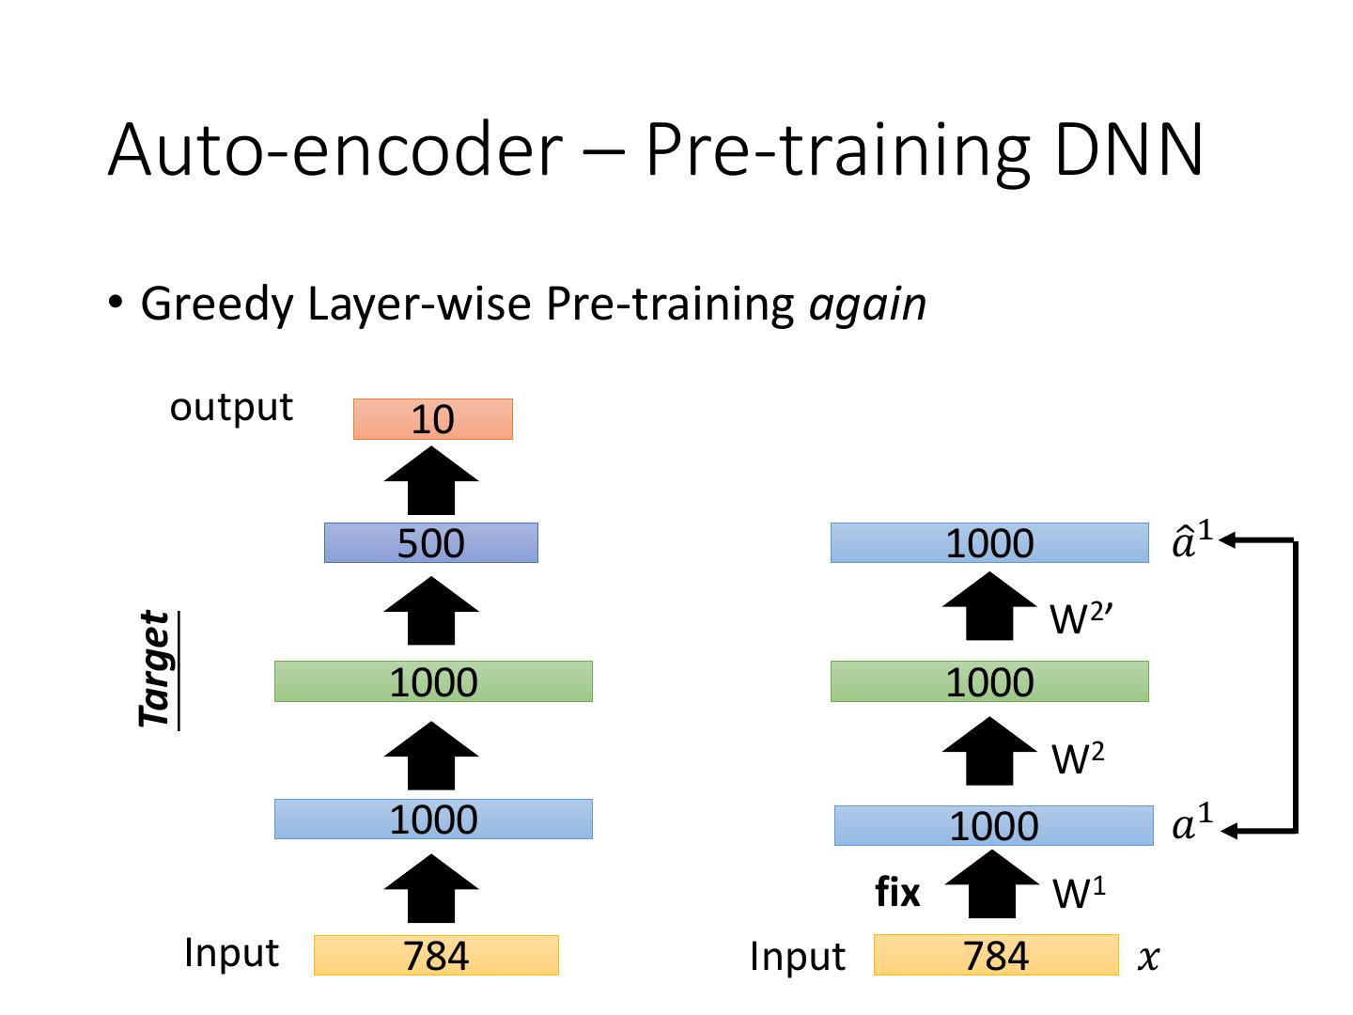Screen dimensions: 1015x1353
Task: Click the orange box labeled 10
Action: [x=432, y=419]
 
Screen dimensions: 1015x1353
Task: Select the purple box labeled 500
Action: [x=430, y=543]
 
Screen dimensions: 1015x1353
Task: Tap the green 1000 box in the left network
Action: [x=433, y=681]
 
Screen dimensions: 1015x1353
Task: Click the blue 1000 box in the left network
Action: [x=433, y=819]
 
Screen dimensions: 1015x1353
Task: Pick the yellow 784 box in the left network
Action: [x=436, y=956]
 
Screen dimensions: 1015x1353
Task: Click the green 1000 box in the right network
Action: [x=989, y=681]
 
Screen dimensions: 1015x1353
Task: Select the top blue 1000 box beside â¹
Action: [x=989, y=543]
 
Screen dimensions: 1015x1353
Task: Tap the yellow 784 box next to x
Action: [x=996, y=956]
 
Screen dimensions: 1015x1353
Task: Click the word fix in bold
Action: [x=897, y=892]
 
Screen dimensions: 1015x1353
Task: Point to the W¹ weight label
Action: [x=1079, y=894]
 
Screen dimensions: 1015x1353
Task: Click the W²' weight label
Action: [x=1081, y=618]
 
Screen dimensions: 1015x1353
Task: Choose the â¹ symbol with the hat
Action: [x=1192, y=541]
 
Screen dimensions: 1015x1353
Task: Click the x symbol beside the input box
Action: [x=1148, y=959]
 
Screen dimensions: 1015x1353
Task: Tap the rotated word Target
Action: [x=157, y=668]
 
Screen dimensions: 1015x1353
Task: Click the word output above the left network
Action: [x=231, y=407]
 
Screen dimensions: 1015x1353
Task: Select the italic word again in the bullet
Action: [x=867, y=304]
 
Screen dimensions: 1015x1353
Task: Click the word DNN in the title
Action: [x=1128, y=149]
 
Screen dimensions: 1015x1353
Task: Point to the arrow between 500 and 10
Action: [x=431, y=480]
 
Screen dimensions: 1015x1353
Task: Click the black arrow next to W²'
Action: [x=989, y=607]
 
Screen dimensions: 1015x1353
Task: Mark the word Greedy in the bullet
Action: [x=217, y=304]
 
